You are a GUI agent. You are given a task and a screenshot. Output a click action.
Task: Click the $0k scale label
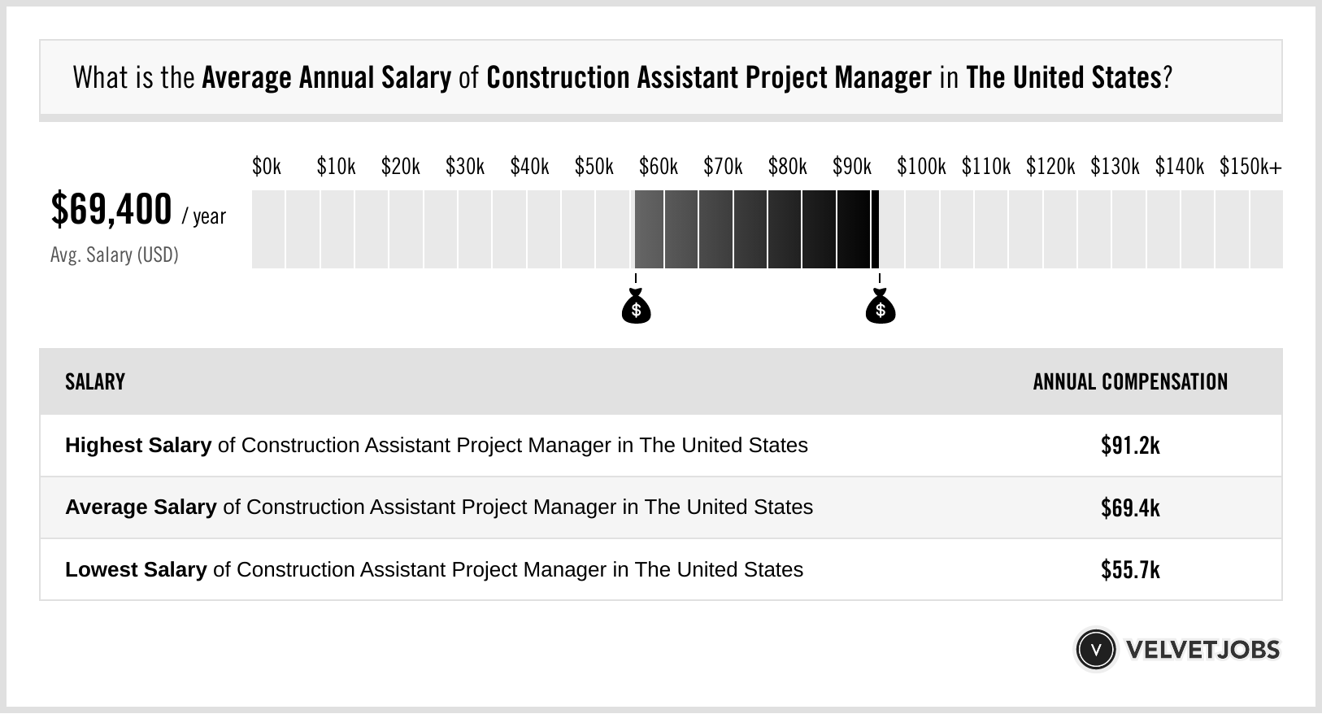pos(267,167)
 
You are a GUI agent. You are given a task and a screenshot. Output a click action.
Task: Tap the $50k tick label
pos(594,167)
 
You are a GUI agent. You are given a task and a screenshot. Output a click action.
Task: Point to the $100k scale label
pos(921,167)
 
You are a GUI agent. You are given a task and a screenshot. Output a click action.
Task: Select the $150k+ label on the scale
pos(1250,167)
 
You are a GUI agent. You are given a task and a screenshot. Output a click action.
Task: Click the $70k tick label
pos(723,167)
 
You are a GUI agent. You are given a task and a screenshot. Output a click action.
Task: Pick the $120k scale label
pos(1050,167)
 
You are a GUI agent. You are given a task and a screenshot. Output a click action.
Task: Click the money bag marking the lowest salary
pos(636,307)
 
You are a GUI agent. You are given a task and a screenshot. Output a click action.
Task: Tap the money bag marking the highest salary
pos(880,307)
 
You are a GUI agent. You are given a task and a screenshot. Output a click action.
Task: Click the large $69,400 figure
pos(111,210)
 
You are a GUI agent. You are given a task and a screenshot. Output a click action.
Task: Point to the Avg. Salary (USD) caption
pos(115,255)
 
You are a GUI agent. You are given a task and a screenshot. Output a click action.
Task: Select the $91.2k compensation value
pos(1130,446)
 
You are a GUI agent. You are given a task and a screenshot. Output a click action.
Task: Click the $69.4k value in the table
pos(1130,507)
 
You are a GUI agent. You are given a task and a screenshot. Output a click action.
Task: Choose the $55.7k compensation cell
pos(1130,569)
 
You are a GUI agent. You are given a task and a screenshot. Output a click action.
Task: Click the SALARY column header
pos(95,381)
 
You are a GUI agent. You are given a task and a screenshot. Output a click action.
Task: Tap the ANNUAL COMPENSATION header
pos(1130,381)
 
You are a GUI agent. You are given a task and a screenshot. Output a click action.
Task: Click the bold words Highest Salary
pos(138,446)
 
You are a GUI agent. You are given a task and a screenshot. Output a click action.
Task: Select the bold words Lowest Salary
pos(136,569)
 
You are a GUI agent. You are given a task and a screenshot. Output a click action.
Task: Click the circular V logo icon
pos(1095,649)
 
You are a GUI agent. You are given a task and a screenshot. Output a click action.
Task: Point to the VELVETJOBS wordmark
pos(1202,649)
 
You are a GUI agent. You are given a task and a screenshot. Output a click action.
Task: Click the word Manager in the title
pos(882,78)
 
